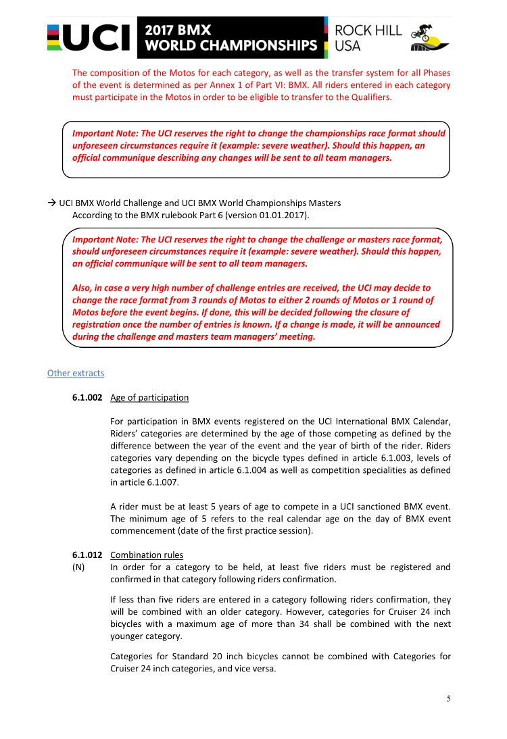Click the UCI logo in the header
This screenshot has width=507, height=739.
[89, 39]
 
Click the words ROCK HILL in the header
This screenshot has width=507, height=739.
[368, 31]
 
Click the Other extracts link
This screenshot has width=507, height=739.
[76, 373]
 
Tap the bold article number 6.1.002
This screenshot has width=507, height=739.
[87, 398]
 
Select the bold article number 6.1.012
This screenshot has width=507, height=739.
[87, 555]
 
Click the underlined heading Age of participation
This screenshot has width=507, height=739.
[149, 398]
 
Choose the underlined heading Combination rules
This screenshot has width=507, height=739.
[147, 555]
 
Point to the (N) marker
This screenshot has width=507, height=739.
[78, 567]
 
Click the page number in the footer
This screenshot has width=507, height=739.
[448, 698]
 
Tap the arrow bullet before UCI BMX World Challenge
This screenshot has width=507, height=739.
[51, 203]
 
